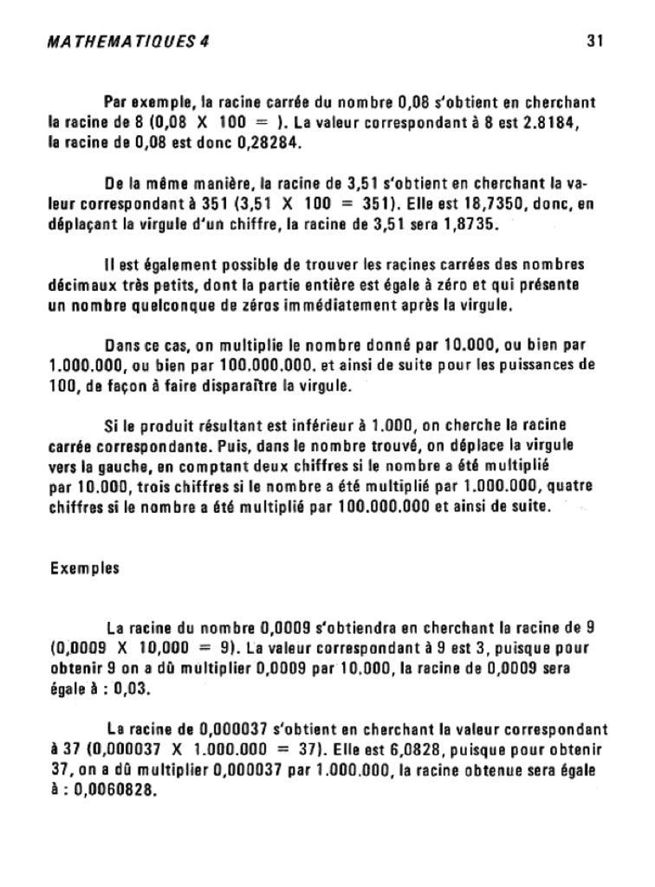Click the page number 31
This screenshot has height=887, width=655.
pos(594,40)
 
